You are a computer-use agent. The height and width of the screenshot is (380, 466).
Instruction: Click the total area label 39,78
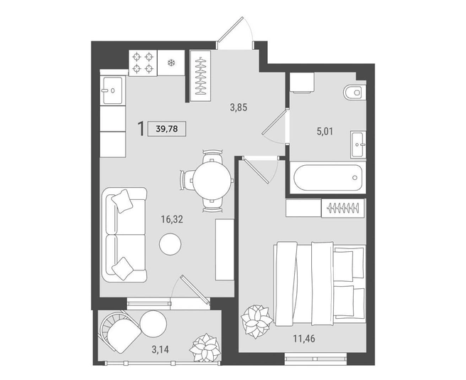pos(166,129)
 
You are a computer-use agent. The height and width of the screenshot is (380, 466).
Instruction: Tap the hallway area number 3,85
pos(239,107)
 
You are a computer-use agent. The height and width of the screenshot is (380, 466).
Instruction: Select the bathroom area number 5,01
pos(325,131)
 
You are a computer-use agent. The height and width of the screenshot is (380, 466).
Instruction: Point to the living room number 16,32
pos(172,219)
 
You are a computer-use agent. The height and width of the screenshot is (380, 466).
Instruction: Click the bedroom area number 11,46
pos(304,338)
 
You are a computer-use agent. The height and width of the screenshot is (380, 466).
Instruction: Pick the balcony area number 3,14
pos(161,349)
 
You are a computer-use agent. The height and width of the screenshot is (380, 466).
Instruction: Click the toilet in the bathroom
pos(354,93)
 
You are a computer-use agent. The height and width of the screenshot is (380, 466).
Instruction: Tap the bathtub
pos(328,178)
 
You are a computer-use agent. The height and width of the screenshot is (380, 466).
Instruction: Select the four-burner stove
pos(143,63)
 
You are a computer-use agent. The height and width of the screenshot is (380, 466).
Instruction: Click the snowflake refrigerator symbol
pos(171,63)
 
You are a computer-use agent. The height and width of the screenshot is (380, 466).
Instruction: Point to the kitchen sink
pos(112,90)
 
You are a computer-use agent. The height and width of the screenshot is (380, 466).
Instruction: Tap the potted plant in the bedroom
pos(256,322)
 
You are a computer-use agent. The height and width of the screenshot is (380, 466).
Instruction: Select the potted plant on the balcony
pos(205,348)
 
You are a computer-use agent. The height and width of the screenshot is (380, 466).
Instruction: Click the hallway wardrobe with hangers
pos(200,76)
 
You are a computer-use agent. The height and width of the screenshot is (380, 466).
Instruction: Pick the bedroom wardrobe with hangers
pos(343,208)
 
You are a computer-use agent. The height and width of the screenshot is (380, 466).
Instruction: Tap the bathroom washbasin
pos(358,144)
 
